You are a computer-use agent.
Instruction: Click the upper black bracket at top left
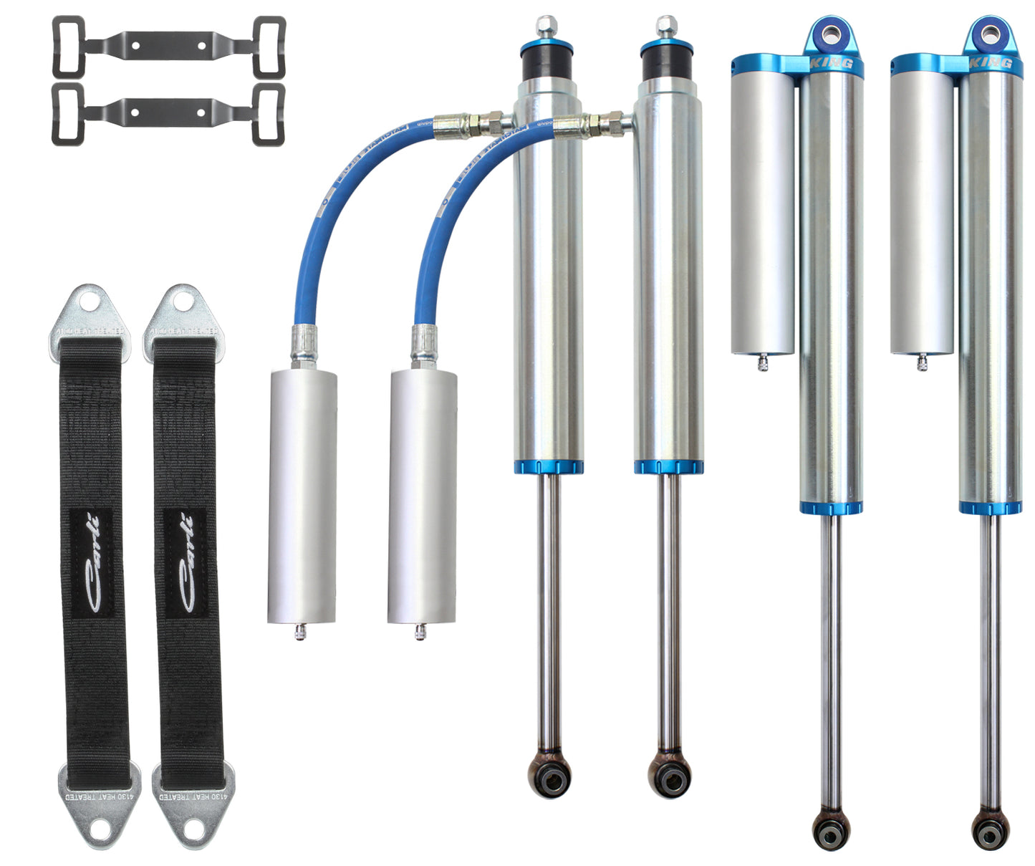pos(169,47)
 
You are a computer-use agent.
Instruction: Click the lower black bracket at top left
pos(169,114)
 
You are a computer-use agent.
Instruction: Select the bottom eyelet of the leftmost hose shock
pos(550,774)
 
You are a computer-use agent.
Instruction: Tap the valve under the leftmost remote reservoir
pos(300,632)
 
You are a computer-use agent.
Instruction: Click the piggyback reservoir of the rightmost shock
pos(922,208)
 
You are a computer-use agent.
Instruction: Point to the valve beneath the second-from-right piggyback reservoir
pos(762,363)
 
